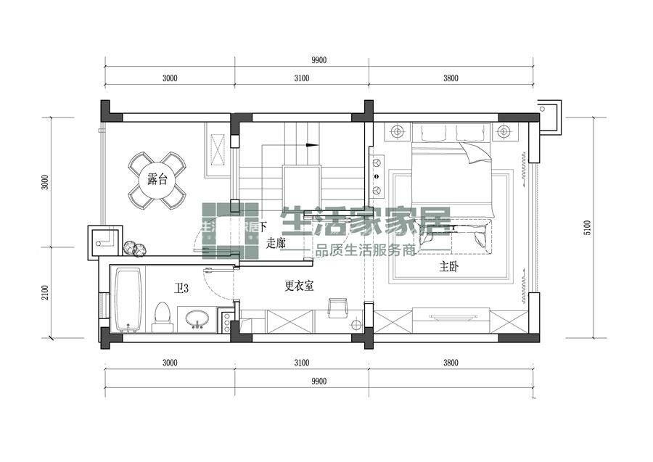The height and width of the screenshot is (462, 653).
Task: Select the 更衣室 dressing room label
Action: [x=299, y=286]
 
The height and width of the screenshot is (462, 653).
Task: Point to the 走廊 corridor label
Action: [x=276, y=243]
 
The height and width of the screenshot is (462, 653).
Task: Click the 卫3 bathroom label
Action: [x=181, y=289]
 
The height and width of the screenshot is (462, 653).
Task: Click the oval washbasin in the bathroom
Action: [x=197, y=318]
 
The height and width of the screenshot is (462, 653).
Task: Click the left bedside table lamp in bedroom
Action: [x=396, y=132]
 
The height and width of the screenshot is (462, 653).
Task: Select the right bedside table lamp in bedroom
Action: [x=503, y=132]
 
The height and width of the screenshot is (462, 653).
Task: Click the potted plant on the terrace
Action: [x=134, y=248]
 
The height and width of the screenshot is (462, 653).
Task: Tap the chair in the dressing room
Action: [x=337, y=307]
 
